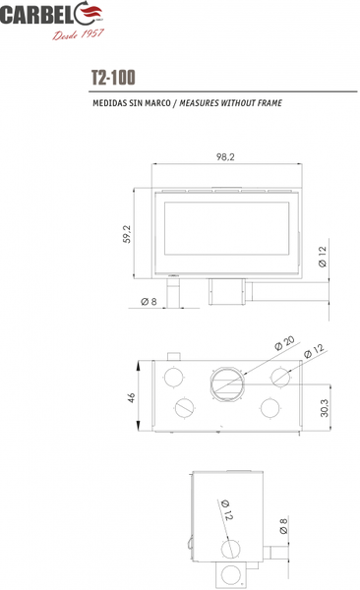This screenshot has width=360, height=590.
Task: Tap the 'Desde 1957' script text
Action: [x=78, y=34]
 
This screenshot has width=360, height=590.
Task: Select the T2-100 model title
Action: [x=113, y=78]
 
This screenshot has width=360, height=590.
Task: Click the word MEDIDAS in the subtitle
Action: [x=109, y=102]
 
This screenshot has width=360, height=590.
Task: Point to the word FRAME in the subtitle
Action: [x=270, y=102]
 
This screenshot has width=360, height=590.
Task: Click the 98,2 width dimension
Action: [x=225, y=157]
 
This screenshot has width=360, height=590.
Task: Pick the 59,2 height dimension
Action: [x=127, y=234]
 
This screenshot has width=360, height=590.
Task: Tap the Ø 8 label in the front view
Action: [x=149, y=302]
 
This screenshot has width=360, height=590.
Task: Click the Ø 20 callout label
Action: [x=284, y=343]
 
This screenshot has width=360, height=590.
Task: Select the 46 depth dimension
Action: [x=131, y=397]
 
